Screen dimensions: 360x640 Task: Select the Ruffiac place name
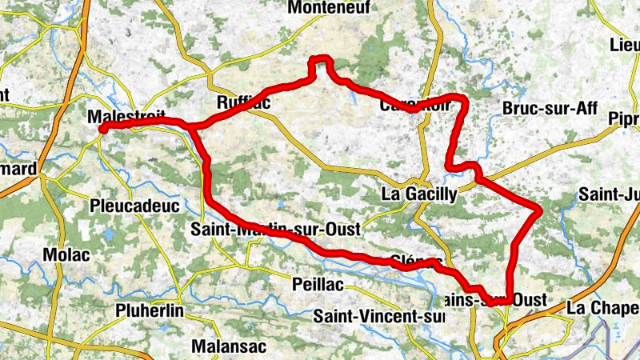pyautogui.click(x=243, y=103)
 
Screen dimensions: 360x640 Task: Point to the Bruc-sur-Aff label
pyautogui.click(x=550, y=109)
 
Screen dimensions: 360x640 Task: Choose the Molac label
pyautogui.click(x=62, y=254)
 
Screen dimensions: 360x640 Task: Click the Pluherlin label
pyautogui.click(x=150, y=310)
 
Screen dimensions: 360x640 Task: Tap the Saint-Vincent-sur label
pyautogui.click(x=378, y=316)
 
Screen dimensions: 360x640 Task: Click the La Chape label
pyautogui.click(x=602, y=307)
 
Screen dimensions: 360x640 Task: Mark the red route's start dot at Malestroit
pyautogui.click(x=102, y=129)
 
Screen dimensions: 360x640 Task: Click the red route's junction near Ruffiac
pyautogui.click(x=191, y=126)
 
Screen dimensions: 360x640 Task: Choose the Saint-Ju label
pyautogui.click(x=608, y=194)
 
